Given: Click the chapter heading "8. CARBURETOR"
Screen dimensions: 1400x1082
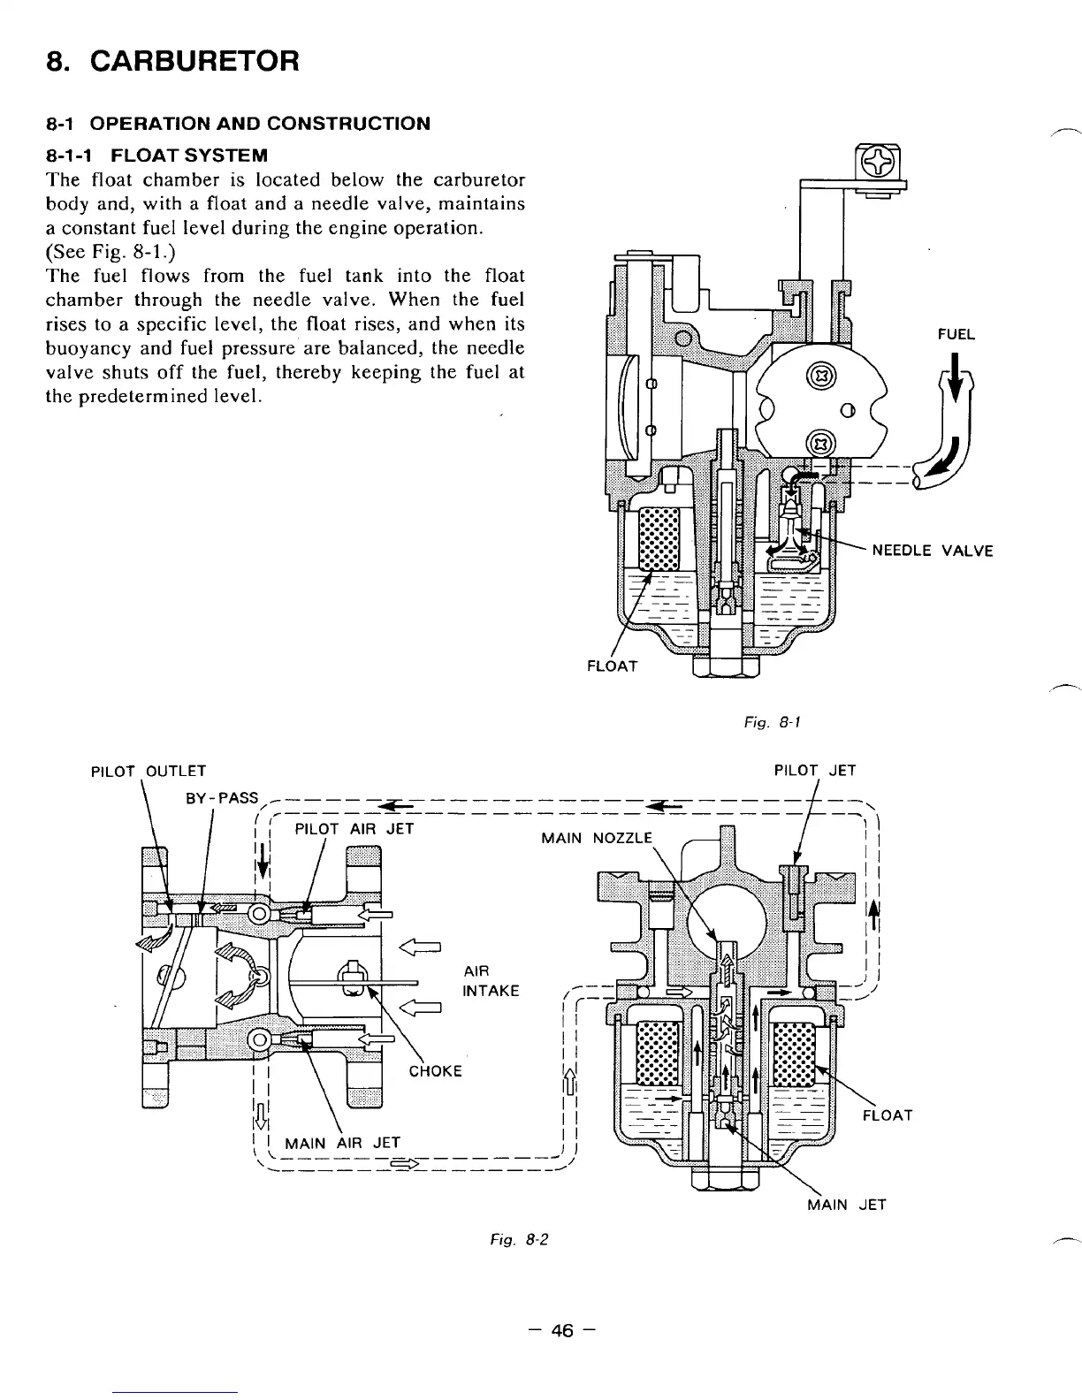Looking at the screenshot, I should (172, 61).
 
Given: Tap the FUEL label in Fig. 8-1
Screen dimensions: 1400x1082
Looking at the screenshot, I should (956, 334).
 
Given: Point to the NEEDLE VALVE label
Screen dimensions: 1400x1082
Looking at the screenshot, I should (933, 551).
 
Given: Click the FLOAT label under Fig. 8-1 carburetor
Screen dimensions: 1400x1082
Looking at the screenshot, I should (612, 666).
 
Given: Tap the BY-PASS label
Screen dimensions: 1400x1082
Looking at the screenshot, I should (221, 798).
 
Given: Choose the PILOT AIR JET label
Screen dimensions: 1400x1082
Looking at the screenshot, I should (354, 828).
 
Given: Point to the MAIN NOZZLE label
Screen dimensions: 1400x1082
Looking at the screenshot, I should (597, 837).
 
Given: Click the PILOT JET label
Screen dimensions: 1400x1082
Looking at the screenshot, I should (814, 770).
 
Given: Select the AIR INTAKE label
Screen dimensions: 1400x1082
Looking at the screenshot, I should (491, 980).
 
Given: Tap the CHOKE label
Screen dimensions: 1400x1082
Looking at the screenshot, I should (435, 1071).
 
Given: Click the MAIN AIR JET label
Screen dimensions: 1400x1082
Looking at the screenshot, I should (342, 1143).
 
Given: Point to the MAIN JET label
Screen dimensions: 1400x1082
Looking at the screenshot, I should (846, 1204).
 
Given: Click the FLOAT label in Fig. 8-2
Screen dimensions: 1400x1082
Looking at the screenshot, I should (887, 1115).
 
